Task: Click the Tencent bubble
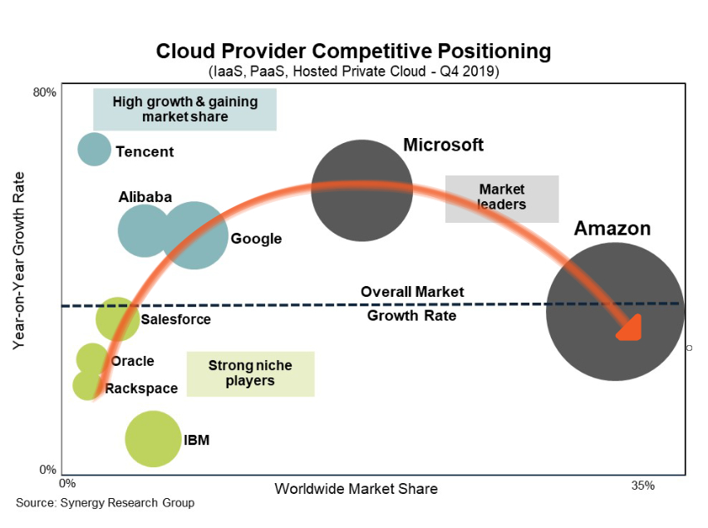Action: pos(94,150)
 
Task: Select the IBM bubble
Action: pos(152,438)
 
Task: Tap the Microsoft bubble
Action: pos(361,190)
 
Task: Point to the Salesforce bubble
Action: pos(117,319)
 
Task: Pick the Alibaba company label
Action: pos(145,197)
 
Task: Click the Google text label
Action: pos(256,239)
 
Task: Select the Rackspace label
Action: pos(141,388)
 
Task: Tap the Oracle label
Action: pos(132,361)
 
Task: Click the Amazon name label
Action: pos(612,229)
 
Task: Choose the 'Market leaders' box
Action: pos(502,198)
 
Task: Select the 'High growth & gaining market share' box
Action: pos(184,110)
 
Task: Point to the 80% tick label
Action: pos(44,92)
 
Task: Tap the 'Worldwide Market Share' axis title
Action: pos(356,488)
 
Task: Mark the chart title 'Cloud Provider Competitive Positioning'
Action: pos(353,52)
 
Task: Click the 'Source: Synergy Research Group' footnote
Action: pos(105,502)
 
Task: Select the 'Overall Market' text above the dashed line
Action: pos(412,292)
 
